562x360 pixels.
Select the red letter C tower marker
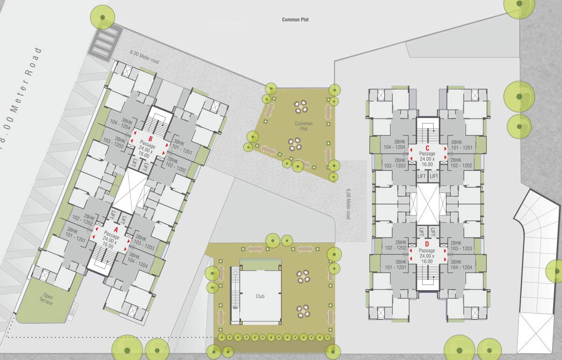point(427,149)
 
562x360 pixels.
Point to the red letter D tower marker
point(427,244)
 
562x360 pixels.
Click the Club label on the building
point(260,297)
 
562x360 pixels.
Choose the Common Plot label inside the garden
point(303,126)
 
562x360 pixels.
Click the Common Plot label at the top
point(295,20)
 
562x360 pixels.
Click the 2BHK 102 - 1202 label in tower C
point(461,163)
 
